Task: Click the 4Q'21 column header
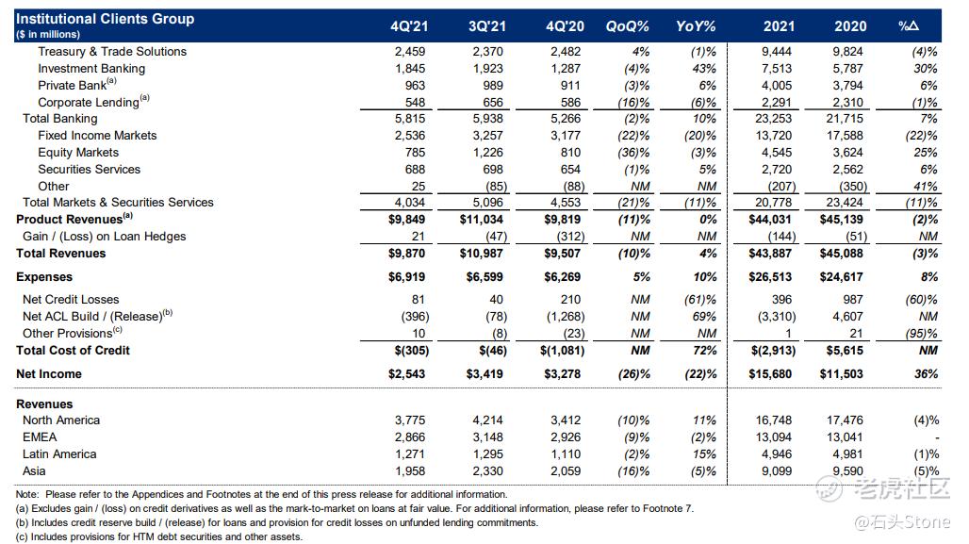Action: [409, 26]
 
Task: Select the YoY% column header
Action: [696, 26]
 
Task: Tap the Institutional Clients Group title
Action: [105, 19]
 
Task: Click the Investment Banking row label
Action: [91, 69]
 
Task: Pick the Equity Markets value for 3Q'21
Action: [487, 153]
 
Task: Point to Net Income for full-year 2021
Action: [770, 374]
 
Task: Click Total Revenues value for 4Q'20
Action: [563, 254]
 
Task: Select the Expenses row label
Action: [44, 277]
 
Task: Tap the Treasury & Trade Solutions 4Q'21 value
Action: [410, 52]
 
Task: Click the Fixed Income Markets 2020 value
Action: [845, 136]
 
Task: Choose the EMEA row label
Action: [40, 437]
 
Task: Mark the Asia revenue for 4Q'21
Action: [410, 471]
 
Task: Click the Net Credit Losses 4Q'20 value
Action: [570, 300]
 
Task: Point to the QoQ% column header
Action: [627, 26]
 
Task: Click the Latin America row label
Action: [59, 454]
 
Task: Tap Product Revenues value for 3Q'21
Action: [482, 220]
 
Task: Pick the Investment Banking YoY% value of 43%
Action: [704, 69]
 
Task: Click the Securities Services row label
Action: [89, 170]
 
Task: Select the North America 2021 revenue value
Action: [774, 420]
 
